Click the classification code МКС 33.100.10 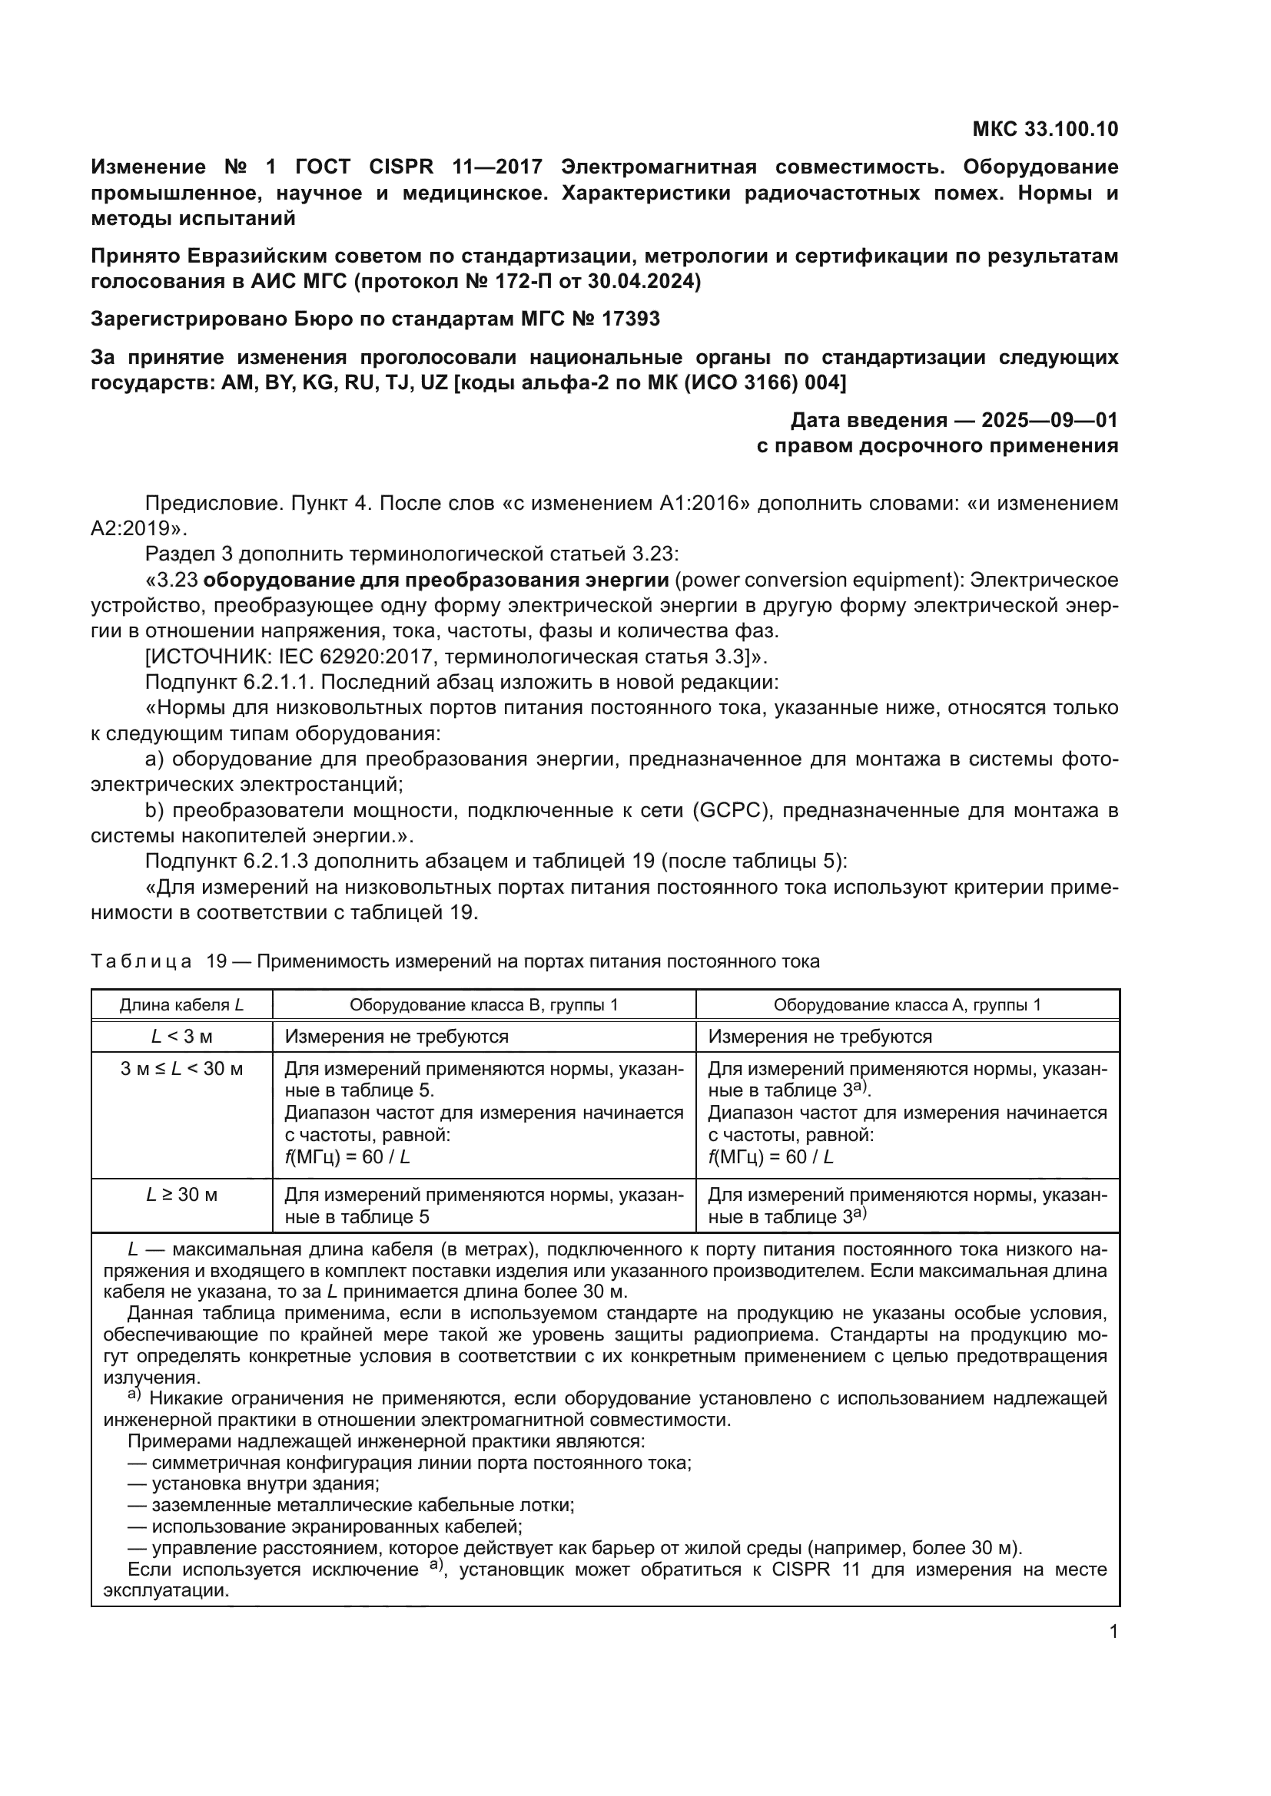point(1045,129)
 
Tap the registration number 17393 point(631,319)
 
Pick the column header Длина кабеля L point(181,1005)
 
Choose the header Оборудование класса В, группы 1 point(483,1005)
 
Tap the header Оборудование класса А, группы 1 point(907,1005)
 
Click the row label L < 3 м point(181,1037)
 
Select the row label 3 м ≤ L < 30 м point(181,1070)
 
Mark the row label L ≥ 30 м point(181,1196)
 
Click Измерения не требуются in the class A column point(820,1037)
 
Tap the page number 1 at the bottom point(1113,1632)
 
